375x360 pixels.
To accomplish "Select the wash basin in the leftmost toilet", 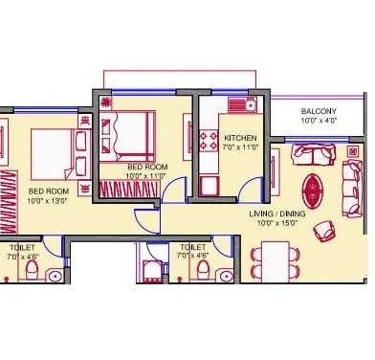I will click(x=55, y=276).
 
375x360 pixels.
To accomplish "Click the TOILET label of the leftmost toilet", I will click(x=21, y=247).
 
